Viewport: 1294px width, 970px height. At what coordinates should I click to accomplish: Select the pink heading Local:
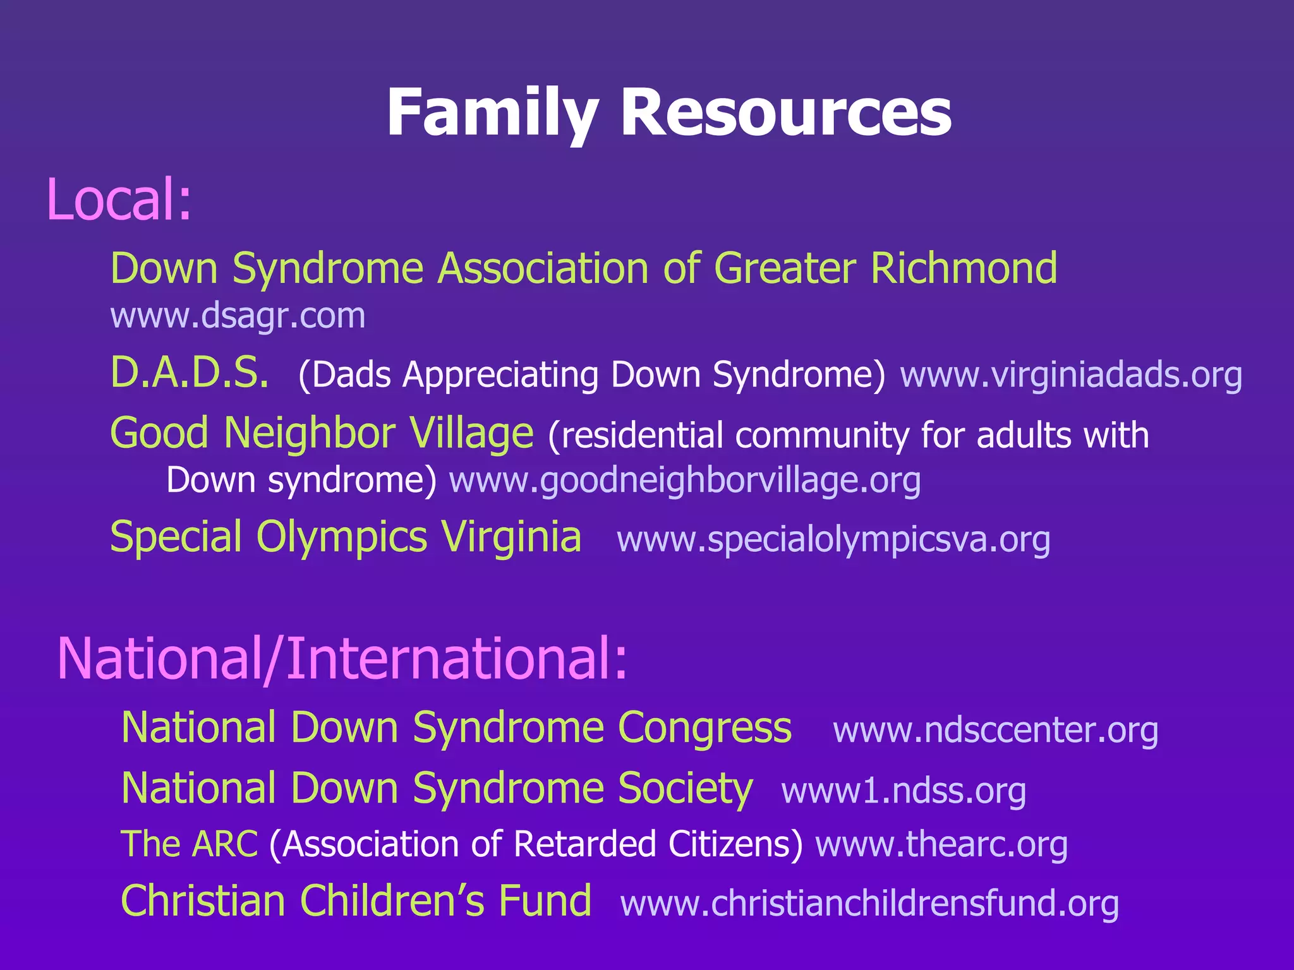point(119,200)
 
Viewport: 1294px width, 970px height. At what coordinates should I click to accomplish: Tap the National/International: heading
point(342,659)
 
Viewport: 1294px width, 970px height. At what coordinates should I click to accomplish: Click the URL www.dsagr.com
point(238,316)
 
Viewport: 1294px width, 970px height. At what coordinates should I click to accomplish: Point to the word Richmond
point(964,268)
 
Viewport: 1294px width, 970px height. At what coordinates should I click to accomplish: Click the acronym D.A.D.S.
point(190,373)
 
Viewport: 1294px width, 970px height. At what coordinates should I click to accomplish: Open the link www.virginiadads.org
point(1071,375)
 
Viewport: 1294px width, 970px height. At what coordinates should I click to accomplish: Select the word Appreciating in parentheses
point(500,375)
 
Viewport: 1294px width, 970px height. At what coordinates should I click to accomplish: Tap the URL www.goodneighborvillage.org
point(684,481)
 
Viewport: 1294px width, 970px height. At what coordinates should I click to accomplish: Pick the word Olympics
point(341,537)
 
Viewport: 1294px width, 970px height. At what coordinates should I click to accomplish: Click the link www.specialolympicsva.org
point(833,540)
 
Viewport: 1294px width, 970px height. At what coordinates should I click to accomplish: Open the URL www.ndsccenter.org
point(995,731)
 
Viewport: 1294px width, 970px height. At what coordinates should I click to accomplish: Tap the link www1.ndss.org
point(904,791)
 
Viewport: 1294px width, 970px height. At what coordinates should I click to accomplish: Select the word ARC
point(225,844)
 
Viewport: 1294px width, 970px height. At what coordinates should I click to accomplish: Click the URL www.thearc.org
point(941,845)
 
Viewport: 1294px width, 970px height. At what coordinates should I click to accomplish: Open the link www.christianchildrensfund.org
point(869,904)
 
